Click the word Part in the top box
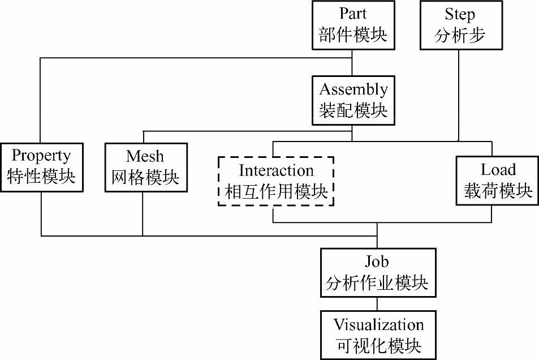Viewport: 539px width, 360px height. click(353, 14)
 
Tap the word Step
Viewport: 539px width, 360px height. click(459, 14)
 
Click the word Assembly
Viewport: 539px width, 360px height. click(353, 89)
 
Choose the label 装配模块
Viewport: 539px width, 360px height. click(353, 110)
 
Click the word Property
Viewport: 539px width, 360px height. click(41, 156)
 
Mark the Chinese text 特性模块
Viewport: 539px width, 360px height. click(41, 177)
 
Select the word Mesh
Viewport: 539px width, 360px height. click(145, 156)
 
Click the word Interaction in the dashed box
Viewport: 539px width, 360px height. click(276, 170)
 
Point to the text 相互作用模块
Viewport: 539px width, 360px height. click(276, 191)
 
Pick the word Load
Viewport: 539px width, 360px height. click(498, 170)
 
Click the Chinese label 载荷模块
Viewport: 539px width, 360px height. click(498, 191)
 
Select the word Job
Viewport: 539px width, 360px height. click(377, 262)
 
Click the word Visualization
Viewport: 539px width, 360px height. click(378, 325)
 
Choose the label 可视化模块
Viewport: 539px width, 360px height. click(378, 345)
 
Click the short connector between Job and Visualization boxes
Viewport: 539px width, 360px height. click(377, 303)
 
